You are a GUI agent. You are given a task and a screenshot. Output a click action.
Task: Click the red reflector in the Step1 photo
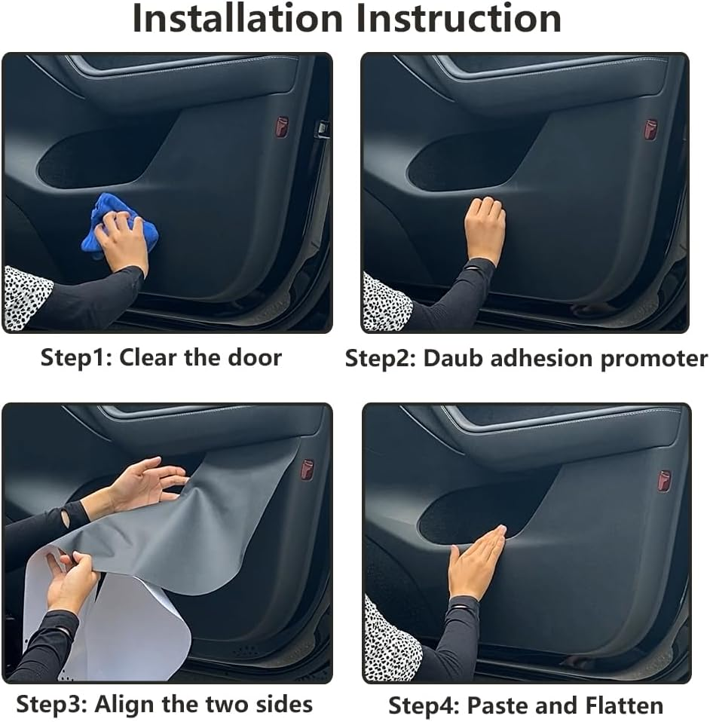(281, 127)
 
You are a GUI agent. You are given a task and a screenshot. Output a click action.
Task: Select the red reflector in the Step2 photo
(650, 129)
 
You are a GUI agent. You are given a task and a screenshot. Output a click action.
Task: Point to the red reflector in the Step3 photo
(307, 470)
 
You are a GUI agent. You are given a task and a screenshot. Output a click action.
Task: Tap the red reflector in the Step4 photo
(663, 481)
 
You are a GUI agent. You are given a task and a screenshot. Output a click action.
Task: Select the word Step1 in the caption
(72, 357)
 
